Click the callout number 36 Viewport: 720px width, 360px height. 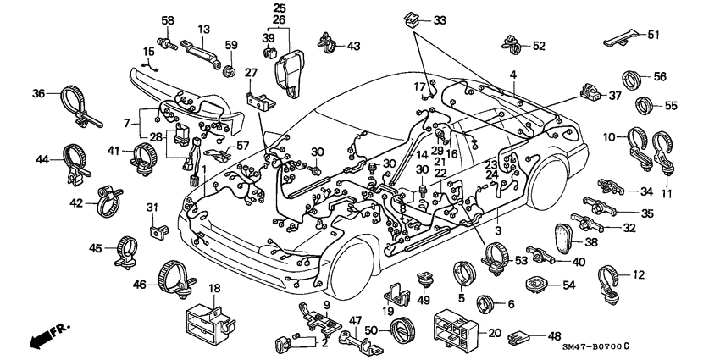tap(38, 93)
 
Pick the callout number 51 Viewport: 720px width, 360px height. tap(651, 35)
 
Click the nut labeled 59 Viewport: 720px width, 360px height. tap(228, 68)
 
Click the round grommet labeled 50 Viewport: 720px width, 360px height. tap(403, 327)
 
